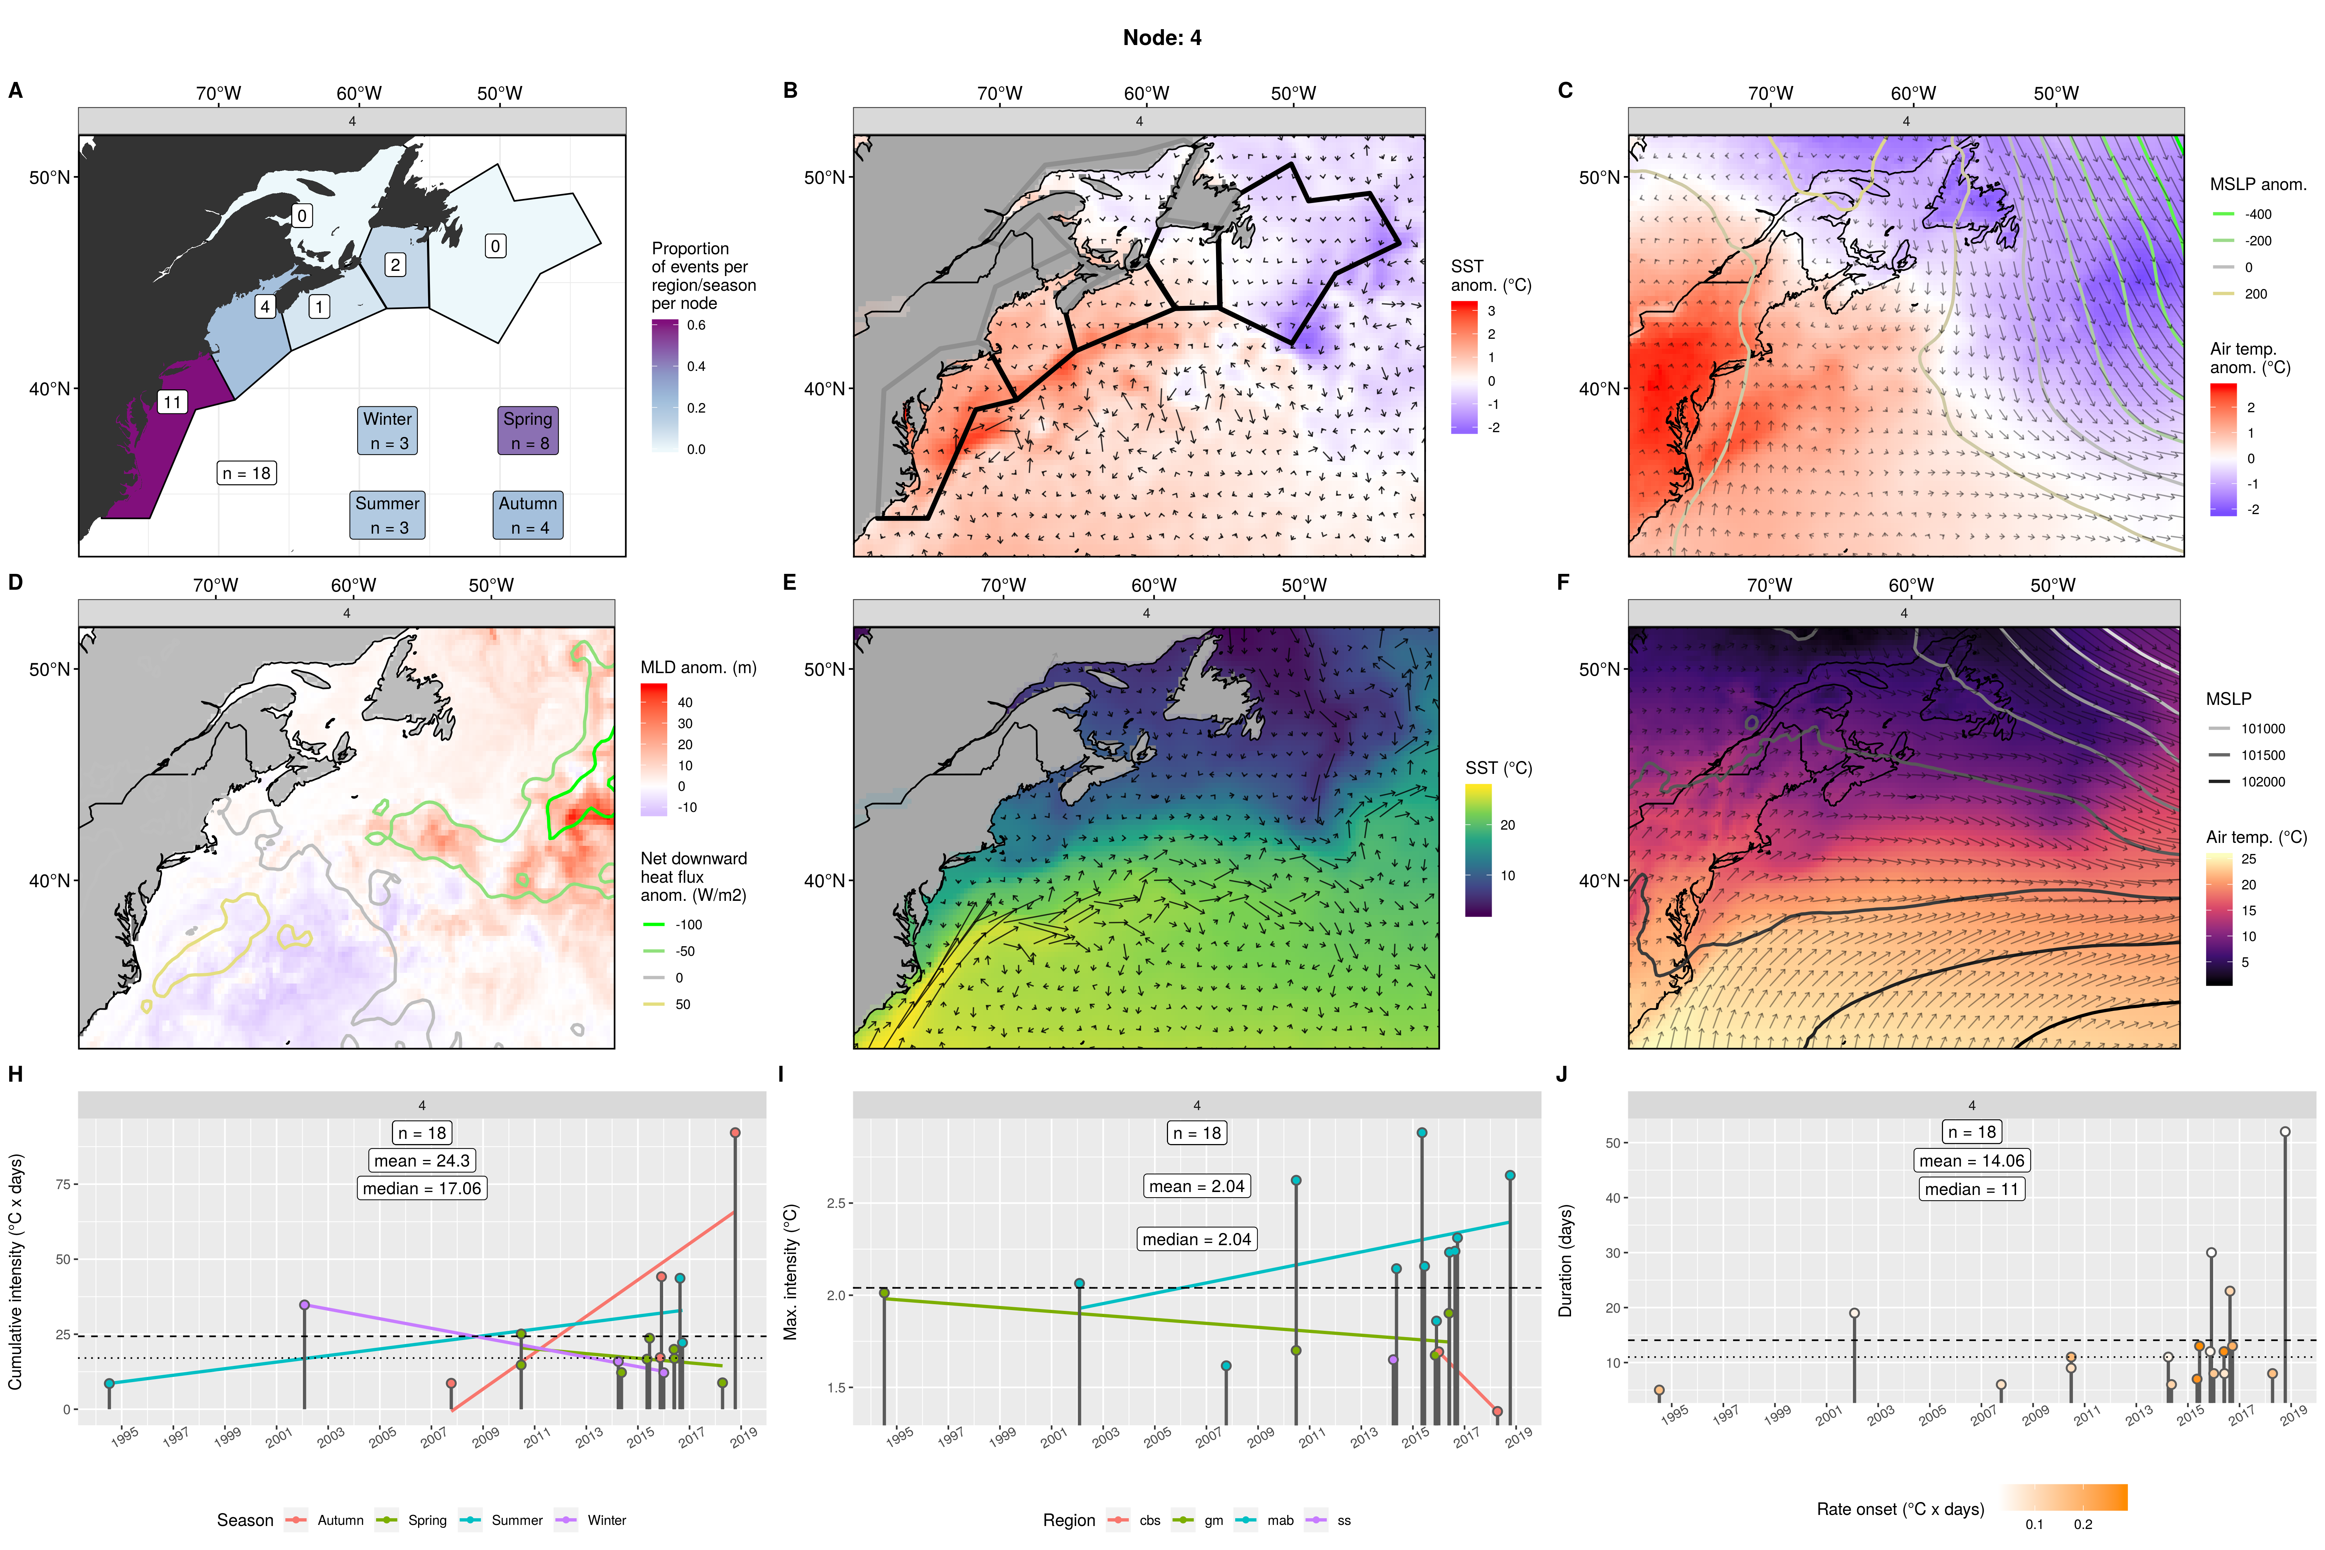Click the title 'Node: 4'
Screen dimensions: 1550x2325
(x=1161, y=38)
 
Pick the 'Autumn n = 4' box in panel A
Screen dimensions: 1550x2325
(x=528, y=515)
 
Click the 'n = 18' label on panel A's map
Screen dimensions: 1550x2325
(x=246, y=473)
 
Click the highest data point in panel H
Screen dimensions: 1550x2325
(x=734, y=1133)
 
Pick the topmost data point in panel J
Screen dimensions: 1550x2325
(x=2284, y=1132)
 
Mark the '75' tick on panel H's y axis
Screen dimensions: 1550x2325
(x=63, y=1184)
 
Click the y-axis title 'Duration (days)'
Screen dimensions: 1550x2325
(x=1565, y=1260)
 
